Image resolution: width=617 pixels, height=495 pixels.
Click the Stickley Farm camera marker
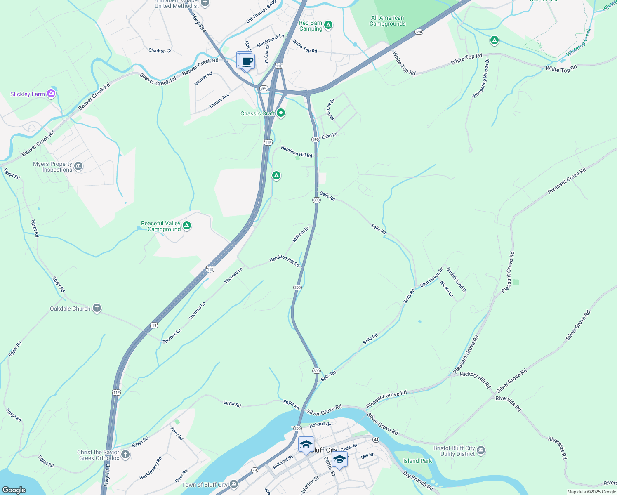[51, 94]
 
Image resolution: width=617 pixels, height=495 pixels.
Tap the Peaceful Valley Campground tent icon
[187, 226]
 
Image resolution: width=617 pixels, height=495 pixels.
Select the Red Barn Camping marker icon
[328, 25]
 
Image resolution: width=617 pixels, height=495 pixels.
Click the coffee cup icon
[247, 62]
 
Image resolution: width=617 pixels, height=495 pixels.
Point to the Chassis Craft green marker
[281, 113]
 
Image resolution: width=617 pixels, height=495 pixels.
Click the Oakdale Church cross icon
[97, 308]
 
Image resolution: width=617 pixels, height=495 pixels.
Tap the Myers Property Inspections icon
[78, 166]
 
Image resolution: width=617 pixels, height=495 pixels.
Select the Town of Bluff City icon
[234, 484]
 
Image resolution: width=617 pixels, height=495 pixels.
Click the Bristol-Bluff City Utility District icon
[480, 450]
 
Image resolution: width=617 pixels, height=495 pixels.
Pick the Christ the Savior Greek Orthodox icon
[125, 455]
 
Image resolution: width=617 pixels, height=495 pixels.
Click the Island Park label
[417, 461]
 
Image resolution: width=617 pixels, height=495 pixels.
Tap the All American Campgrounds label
[387, 21]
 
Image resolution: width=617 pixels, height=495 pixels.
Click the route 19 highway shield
[154, 325]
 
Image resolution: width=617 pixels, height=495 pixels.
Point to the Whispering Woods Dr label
[481, 78]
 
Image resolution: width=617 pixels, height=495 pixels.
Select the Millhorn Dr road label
[301, 234]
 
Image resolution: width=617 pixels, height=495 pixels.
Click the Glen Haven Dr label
[431, 277]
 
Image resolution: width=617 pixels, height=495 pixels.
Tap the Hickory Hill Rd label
[475, 379]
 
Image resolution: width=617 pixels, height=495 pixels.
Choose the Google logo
[14, 490]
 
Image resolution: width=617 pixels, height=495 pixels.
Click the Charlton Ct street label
[160, 51]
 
